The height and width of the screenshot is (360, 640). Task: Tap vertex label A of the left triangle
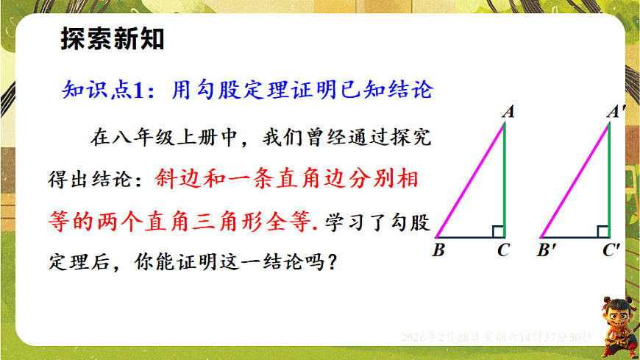coord(508,112)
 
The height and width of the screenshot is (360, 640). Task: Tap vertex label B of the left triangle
coord(438,250)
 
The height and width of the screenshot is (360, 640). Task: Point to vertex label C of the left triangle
coord(503,250)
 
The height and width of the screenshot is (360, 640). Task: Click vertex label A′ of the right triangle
coord(614,112)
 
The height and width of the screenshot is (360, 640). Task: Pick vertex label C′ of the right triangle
coord(611,250)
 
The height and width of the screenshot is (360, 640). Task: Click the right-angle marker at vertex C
coord(498,231)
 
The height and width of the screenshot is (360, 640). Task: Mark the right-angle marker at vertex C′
coord(602,231)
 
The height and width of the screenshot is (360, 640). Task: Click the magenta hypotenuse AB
coord(469,180)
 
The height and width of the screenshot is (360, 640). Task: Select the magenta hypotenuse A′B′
coord(574,180)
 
